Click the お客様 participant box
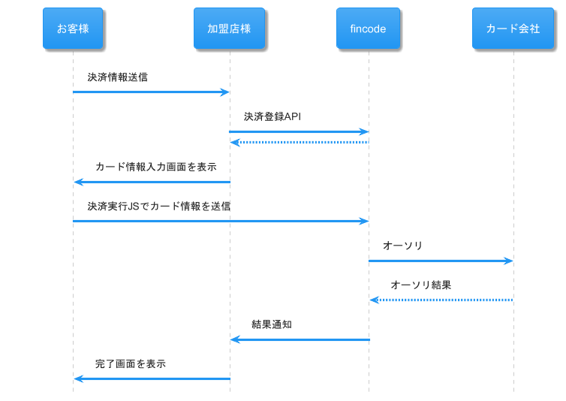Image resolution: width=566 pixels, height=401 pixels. tap(73, 29)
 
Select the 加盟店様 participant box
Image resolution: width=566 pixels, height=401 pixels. tap(229, 29)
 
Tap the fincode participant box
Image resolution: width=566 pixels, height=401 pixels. tap(368, 29)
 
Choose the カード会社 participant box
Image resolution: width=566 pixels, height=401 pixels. tap(513, 29)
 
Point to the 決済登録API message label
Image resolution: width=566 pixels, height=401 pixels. tap(272, 116)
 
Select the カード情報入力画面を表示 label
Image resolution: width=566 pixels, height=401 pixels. tap(156, 167)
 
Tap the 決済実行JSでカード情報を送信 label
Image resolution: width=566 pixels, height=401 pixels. tap(159, 206)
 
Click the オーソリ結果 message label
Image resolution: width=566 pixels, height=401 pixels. tap(421, 285)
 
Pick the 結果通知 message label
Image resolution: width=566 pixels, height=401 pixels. tap(272, 324)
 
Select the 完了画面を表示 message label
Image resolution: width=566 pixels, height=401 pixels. tap(131, 363)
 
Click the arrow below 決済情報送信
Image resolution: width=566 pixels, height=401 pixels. tap(150, 92)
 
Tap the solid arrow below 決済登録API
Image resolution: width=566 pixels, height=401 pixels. tap(299, 131)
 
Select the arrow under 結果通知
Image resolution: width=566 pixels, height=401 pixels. tap(300, 339)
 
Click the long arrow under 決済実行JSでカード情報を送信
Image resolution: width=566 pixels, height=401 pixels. tap(221, 221)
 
